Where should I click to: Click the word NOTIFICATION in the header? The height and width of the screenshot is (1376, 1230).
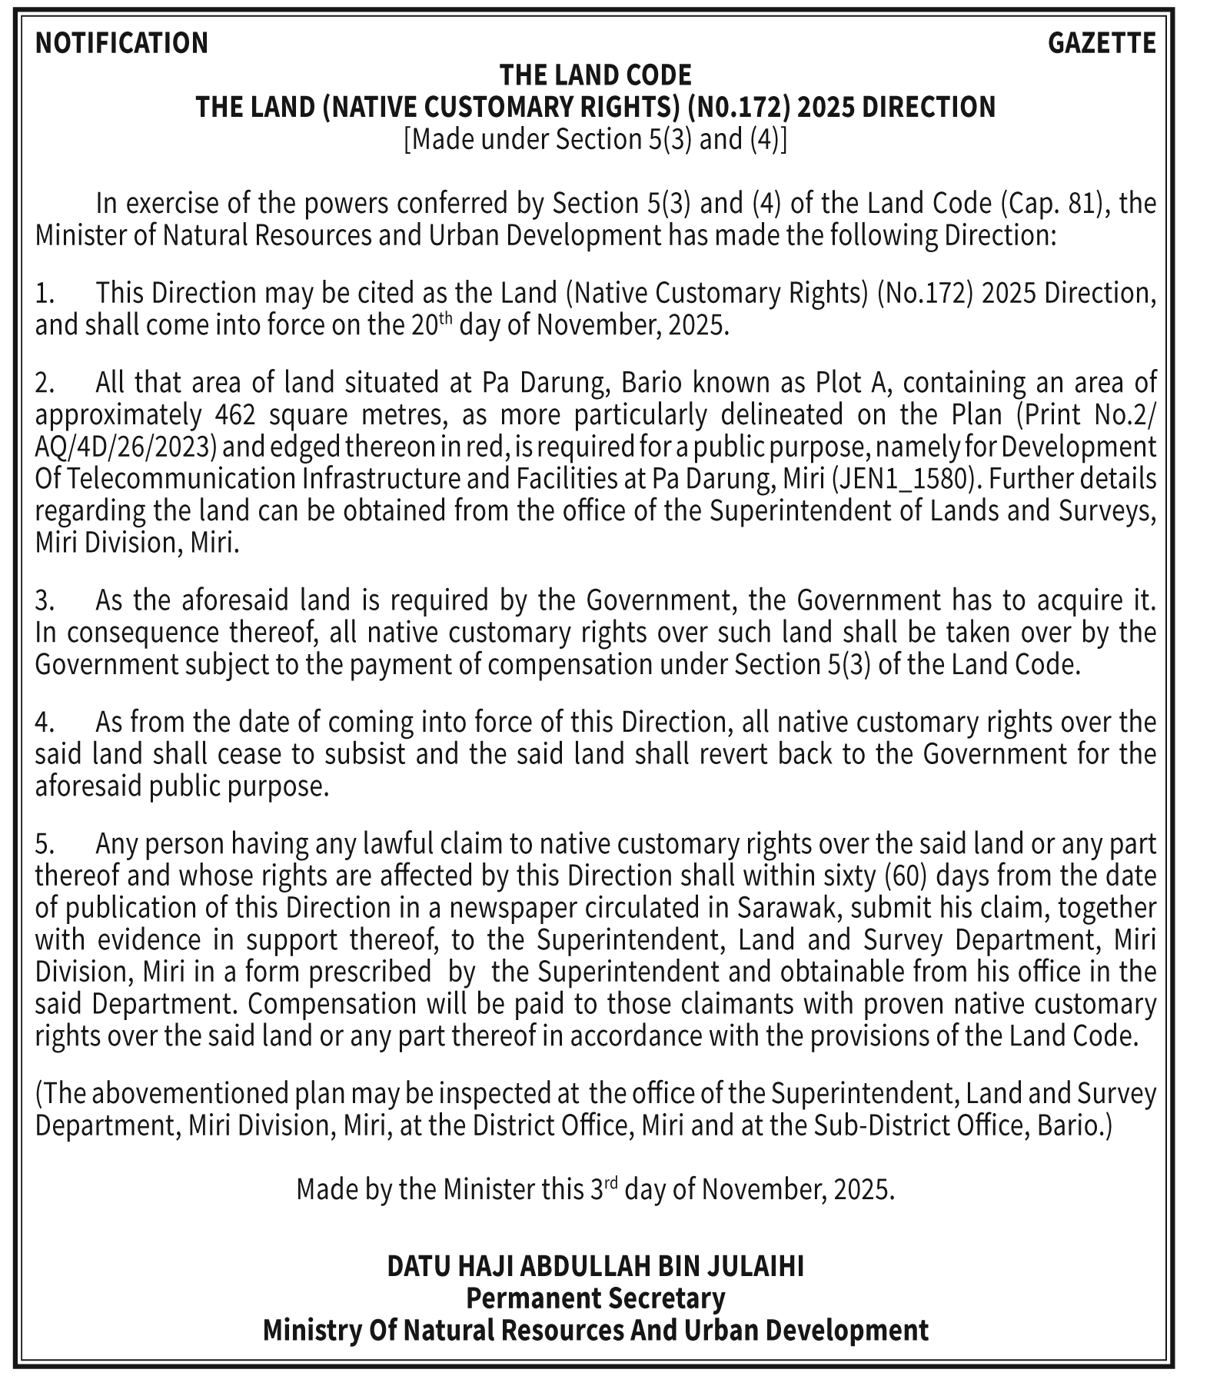(x=121, y=43)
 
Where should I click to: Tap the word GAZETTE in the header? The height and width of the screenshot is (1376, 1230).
(x=1101, y=43)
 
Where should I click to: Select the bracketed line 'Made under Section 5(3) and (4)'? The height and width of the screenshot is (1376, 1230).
(x=595, y=139)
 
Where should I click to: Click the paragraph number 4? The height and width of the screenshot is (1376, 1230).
(x=44, y=723)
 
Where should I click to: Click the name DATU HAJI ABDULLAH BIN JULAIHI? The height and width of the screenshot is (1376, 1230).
(x=595, y=1265)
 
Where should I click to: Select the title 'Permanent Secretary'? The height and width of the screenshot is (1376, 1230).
(x=595, y=1298)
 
